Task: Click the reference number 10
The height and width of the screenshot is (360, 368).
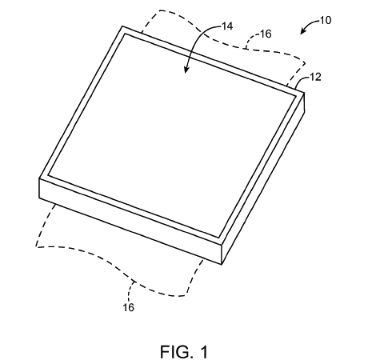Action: (326, 20)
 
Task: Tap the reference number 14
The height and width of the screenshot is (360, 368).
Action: (227, 26)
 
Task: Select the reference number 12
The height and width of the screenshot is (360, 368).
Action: (315, 77)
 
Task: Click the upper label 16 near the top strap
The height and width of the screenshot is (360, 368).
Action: (266, 34)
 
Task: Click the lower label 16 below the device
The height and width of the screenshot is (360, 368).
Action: (128, 307)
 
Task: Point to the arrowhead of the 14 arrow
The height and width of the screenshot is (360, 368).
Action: (186, 70)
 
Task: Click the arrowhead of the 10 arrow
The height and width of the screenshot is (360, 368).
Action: (302, 32)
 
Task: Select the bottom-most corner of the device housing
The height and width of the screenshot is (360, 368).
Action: (222, 265)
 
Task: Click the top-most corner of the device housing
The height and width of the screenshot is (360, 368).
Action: (122, 26)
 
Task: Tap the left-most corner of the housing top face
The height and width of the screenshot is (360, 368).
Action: (39, 178)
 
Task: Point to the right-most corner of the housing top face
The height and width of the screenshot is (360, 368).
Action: (304, 93)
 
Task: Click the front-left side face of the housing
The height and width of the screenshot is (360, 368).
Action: (130, 222)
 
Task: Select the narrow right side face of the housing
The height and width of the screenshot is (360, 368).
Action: (263, 178)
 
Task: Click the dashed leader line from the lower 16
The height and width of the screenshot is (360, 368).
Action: (130, 291)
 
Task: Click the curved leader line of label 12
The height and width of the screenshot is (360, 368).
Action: (302, 81)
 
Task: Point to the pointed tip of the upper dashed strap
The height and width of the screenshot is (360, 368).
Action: (305, 63)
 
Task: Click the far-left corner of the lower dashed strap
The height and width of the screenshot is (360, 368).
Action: (36, 247)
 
